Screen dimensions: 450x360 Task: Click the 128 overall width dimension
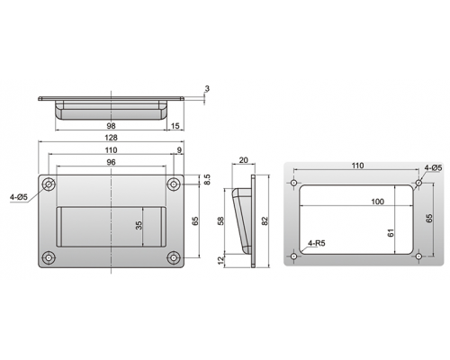click(x=111, y=138)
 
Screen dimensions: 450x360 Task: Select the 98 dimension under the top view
click(x=111, y=126)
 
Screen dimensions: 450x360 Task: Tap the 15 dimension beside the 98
click(x=175, y=126)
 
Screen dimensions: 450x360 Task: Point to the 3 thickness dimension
click(x=207, y=89)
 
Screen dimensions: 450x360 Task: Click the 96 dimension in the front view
click(x=111, y=162)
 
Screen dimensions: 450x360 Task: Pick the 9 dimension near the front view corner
click(x=179, y=150)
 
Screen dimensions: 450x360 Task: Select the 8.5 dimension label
click(x=207, y=179)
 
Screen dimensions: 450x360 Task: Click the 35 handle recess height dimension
click(x=139, y=225)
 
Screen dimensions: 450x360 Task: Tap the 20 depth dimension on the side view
click(x=243, y=160)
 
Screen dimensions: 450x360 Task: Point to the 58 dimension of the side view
click(x=220, y=221)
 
